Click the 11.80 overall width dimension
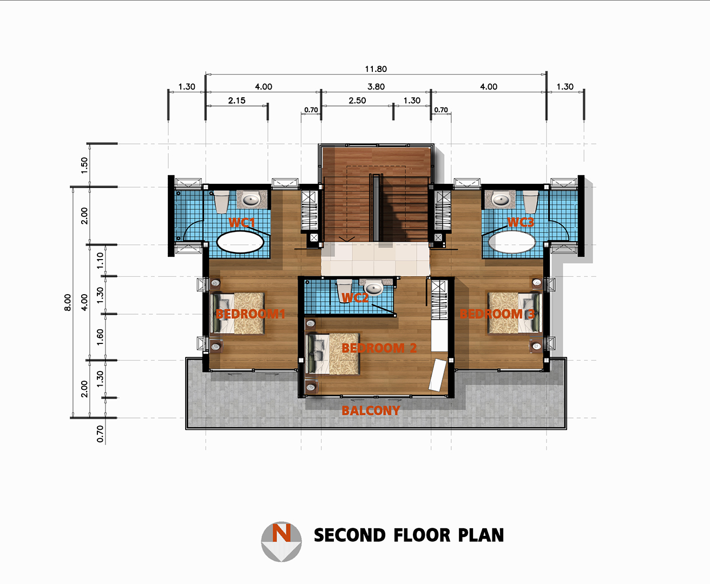(376, 69)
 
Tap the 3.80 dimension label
(376, 87)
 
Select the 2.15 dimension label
(236, 101)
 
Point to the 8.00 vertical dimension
(68, 302)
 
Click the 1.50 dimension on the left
(84, 165)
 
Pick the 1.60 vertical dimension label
(100, 337)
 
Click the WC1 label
(242, 223)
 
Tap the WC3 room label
(521, 222)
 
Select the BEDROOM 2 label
(379, 348)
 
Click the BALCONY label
(371, 410)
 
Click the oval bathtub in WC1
(240, 242)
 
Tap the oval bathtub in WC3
(512, 241)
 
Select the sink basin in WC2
(373, 288)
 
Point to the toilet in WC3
(530, 202)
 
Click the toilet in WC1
(222, 202)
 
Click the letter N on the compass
(281, 532)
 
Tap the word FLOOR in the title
(422, 535)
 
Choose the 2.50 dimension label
(357, 101)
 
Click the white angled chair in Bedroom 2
(438, 375)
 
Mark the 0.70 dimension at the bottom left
(100, 434)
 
